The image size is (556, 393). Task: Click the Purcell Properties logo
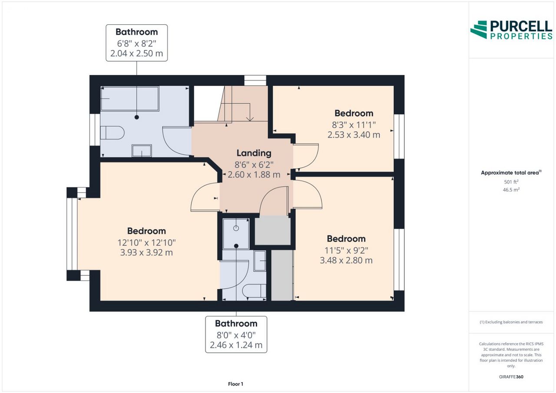click(511, 30)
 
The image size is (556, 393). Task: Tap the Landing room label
click(254, 153)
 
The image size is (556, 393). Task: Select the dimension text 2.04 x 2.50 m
click(136, 53)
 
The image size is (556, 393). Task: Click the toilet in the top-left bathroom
click(112, 133)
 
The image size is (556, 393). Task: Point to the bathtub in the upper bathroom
click(130, 99)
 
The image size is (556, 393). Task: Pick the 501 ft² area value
click(511, 182)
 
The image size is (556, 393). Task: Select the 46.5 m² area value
click(511, 190)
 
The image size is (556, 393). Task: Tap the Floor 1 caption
click(235, 384)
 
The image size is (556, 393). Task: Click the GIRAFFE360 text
click(511, 376)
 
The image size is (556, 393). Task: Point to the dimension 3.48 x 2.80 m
click(346, 260)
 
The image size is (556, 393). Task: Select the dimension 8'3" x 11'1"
click(354, 125)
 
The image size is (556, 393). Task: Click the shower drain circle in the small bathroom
click(236, 228)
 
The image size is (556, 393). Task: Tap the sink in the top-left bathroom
click(142, 151)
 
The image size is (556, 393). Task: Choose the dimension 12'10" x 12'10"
click(146, 242)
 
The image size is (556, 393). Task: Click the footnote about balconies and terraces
click(511, 322)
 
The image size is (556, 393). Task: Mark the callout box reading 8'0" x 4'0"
click(236, 334)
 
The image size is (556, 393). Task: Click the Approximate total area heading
click(511, 172)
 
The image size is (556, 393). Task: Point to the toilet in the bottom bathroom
click(254, 291)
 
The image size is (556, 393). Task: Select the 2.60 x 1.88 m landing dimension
click(254, 175)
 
